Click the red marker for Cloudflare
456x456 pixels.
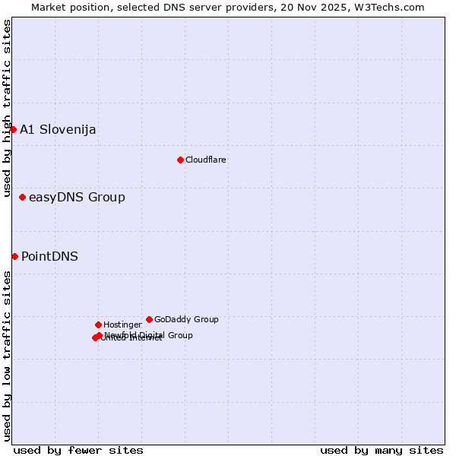180,160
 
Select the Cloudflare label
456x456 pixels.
205,160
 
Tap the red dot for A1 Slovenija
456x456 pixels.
13,129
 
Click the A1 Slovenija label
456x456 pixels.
58,129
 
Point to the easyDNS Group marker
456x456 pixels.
22,198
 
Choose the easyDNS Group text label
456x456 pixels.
77,198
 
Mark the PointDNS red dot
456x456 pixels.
14,256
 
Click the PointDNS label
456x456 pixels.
49,256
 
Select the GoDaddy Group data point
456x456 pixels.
149,319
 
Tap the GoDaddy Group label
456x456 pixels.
186,319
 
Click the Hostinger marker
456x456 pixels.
98,325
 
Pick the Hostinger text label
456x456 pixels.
122,325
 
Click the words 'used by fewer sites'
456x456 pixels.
78,450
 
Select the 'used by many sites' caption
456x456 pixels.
382,450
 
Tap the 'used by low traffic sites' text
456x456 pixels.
7,355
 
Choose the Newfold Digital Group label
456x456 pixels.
148,335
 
